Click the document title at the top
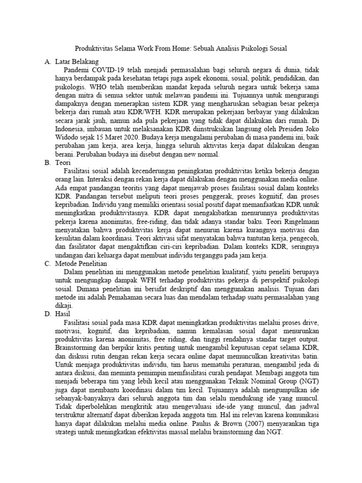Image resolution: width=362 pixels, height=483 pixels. [181, 49]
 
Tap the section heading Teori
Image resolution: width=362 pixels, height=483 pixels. [63, 163]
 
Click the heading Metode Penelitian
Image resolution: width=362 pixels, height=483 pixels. [81, 264]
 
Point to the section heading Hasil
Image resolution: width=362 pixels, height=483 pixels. [63, 314]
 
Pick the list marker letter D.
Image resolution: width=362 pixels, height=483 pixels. [47, 314]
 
